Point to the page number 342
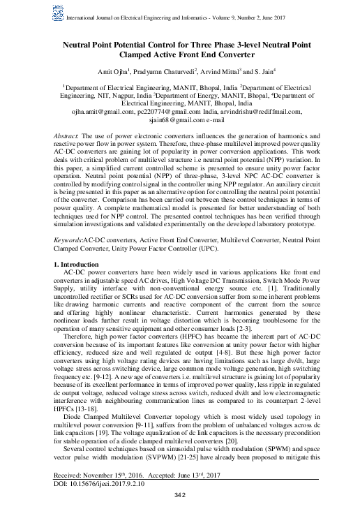180,496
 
